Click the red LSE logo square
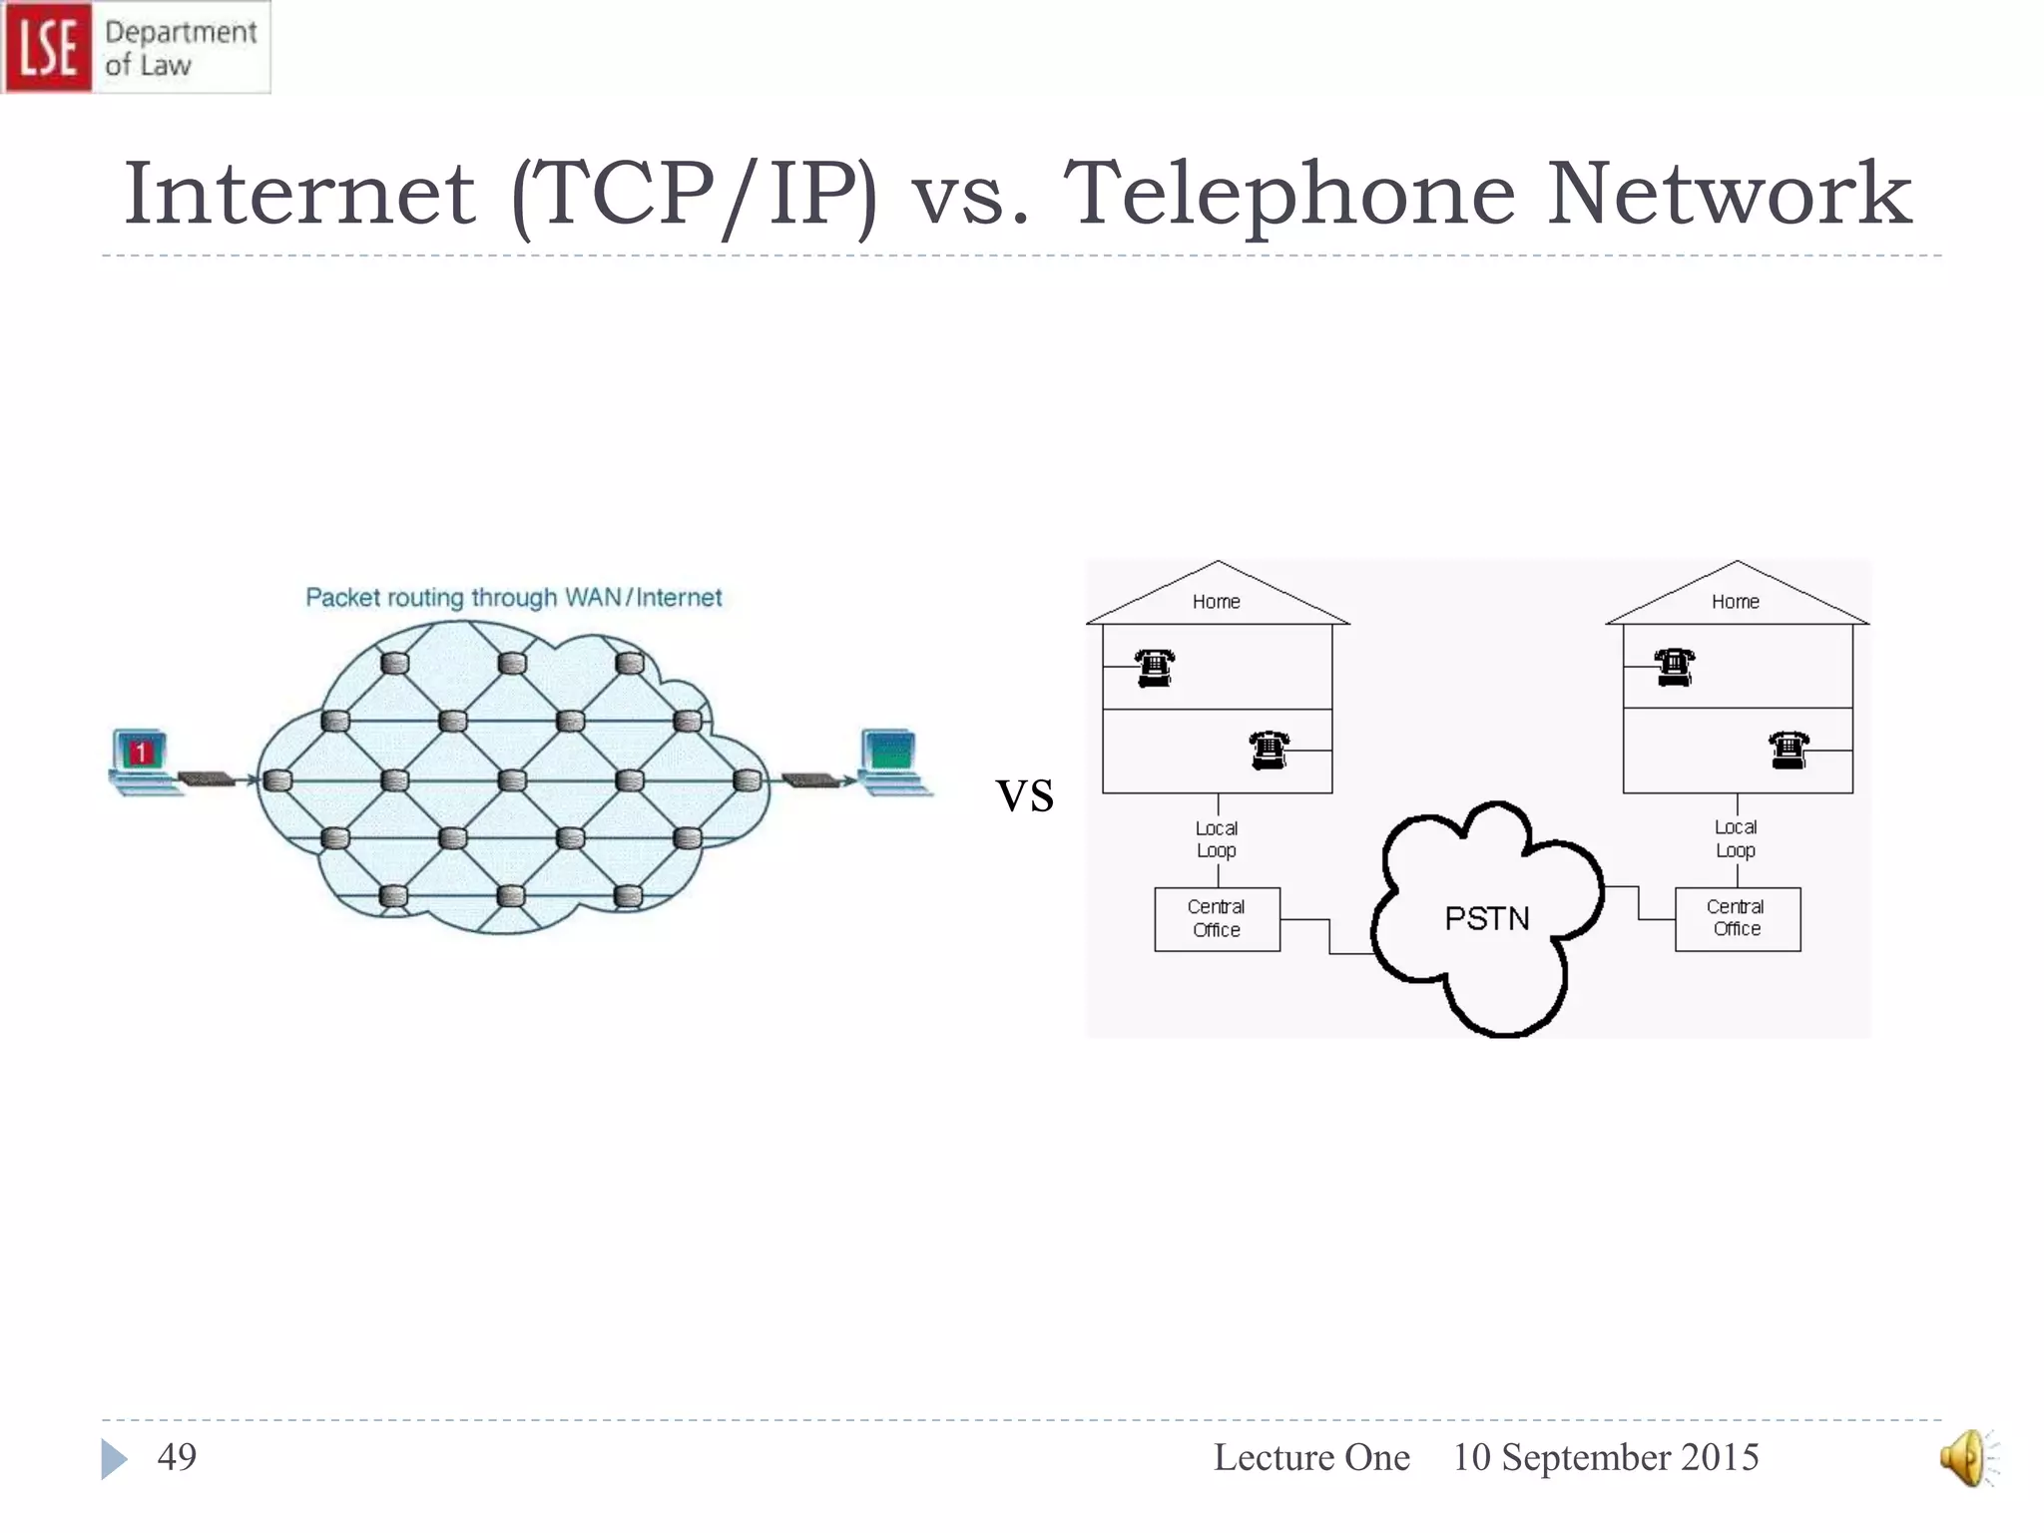pos(47,47)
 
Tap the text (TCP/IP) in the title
pos(694,195)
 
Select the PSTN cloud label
pos(1487,918)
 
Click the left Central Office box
pos(1217,919)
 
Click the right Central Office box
pos(1737,919)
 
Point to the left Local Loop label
pos(1217,839)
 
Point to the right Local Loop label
pos(1736,838)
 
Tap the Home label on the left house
pos(1217,602)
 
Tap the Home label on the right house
pos(1736,602)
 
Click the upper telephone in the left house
pos(1155,667)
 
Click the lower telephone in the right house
pos(1788,749)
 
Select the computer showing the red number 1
pos(143,761)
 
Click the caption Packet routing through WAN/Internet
pos(513,598)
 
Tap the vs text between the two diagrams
pos(1025,795)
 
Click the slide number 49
pos(177,1457)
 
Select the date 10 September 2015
pos(1605,1457)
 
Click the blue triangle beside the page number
pos(113,1459)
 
